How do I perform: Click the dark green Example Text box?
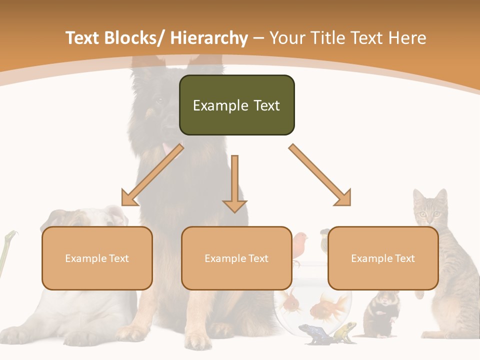tap(236, 105)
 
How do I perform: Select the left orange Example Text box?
tap(97, 258)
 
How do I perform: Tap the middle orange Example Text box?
tap(236, 258)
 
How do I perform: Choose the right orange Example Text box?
tap(383, 258)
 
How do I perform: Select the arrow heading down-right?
tap(320, 175)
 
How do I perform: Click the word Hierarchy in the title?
tap(209, 38)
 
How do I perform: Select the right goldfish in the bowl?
tap(330, 306)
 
